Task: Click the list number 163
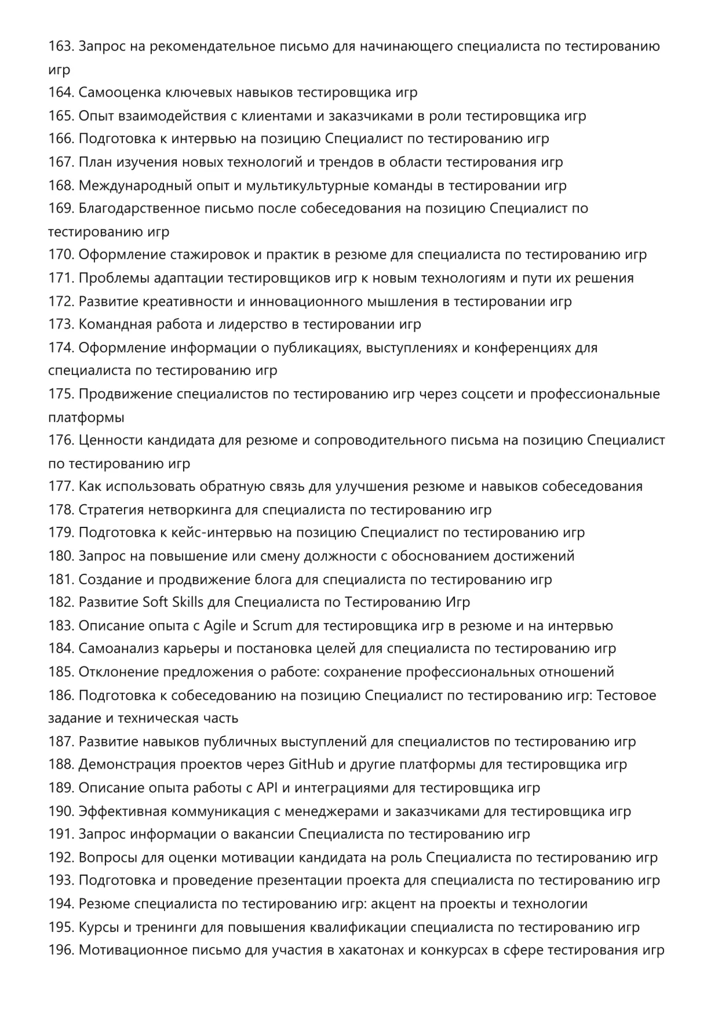coord(61,46)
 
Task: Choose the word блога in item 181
coord(274,580)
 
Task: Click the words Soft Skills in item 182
coord(173,602)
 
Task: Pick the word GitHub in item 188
coord(311,764)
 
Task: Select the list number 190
coord(61,811)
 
